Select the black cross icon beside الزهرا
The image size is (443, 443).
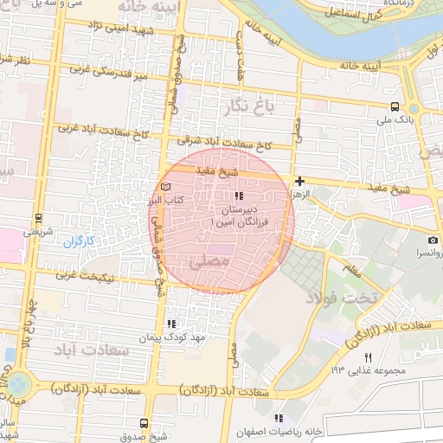pyautogui.click(x=299, y=181)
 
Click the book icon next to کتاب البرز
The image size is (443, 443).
pyautogui.click(x=166, y=187)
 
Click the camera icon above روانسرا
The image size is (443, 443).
pyautogui.click(x=432, y=240)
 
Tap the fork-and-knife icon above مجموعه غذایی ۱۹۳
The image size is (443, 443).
pyautogui.click(x=368, y=357)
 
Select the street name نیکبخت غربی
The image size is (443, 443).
pyautogui.click(x=88, y=276)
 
